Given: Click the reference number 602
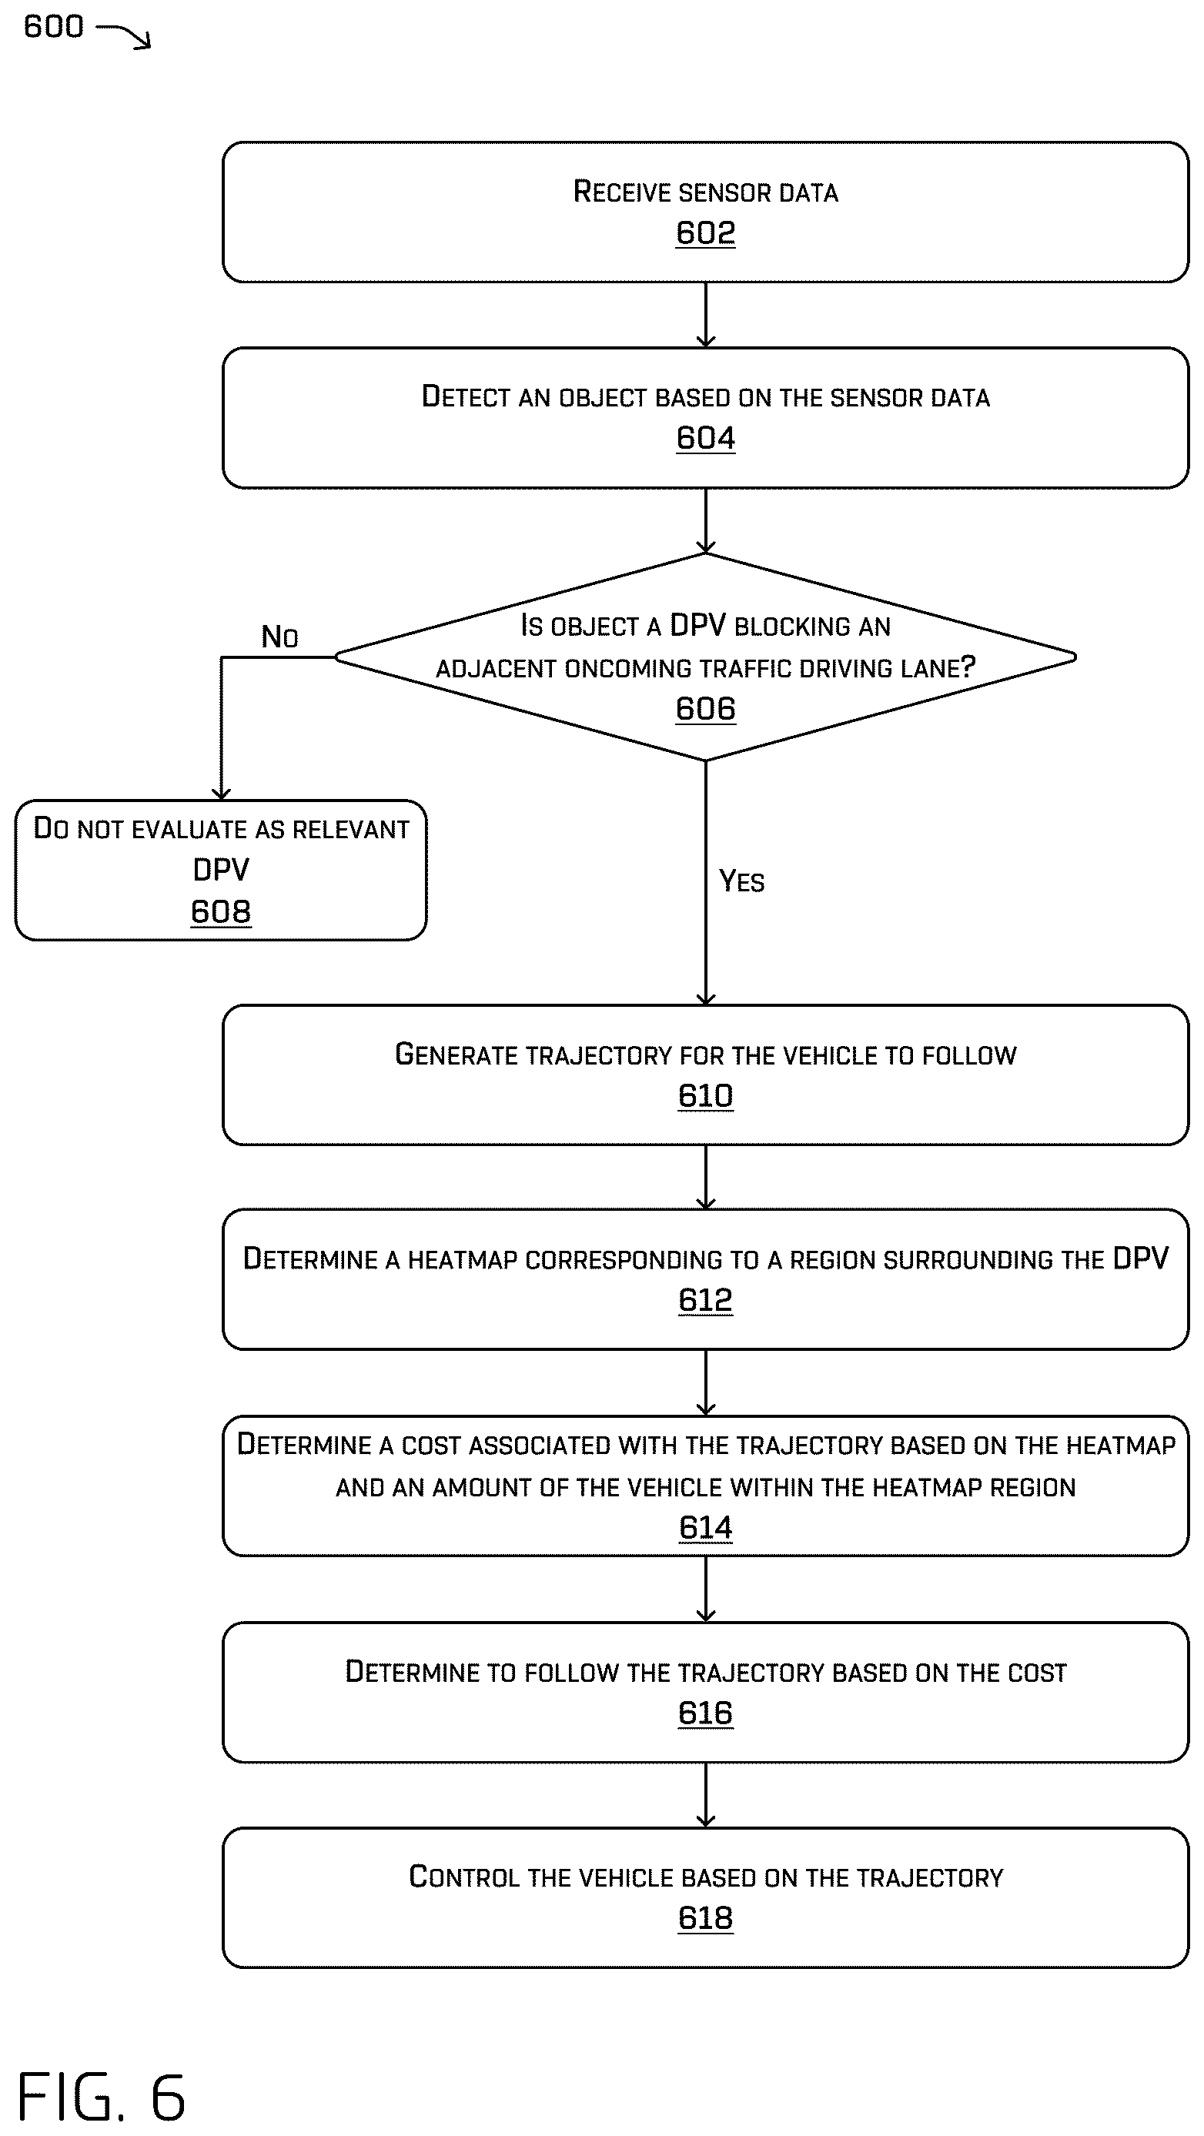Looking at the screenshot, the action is (706, 233).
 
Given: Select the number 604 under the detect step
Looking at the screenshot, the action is (706, 438).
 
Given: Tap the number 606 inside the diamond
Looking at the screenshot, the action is (706, 709).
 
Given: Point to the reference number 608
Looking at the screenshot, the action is (221, 911).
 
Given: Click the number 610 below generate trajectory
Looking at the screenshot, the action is (706, 1096).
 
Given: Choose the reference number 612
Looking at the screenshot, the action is (706, 1300).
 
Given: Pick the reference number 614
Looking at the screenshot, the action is (706, 1527).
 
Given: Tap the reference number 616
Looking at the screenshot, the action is (706, 1713).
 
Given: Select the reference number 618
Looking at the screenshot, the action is (706, 1918).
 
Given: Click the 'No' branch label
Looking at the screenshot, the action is (279, 637).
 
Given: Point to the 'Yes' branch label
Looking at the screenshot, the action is (741, 881).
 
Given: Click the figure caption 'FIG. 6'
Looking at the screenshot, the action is (101, 2096).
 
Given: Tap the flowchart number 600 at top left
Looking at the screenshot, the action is (54, 26).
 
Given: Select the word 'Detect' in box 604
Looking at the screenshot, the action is (465, 396).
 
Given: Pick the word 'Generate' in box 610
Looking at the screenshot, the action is (454, 1054).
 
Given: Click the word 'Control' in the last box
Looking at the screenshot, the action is (464, 1877).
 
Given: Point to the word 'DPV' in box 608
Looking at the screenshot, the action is (221, 870).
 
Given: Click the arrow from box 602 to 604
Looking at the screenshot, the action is (706, 315).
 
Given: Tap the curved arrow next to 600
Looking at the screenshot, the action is (123, 35).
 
